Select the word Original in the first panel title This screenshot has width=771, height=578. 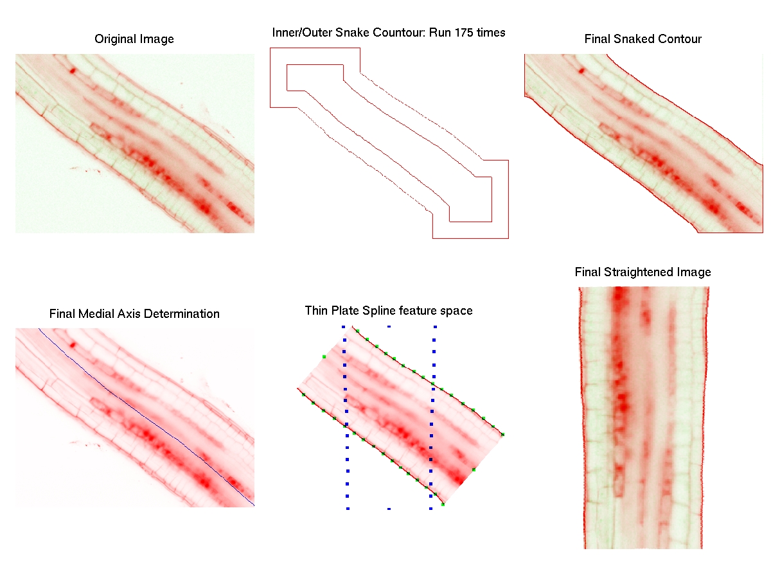(113, 39)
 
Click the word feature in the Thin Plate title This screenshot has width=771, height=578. (418, 311)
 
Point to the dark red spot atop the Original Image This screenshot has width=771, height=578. (73, 70)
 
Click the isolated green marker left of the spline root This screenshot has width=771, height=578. (324, 356)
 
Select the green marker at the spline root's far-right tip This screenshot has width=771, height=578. (502, 435)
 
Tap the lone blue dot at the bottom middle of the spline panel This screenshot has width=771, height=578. (389, 509)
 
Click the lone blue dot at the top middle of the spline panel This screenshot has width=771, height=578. (389, 326)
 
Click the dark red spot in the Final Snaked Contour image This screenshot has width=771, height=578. (581, 70)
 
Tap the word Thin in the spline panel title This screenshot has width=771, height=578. (315, 311)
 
